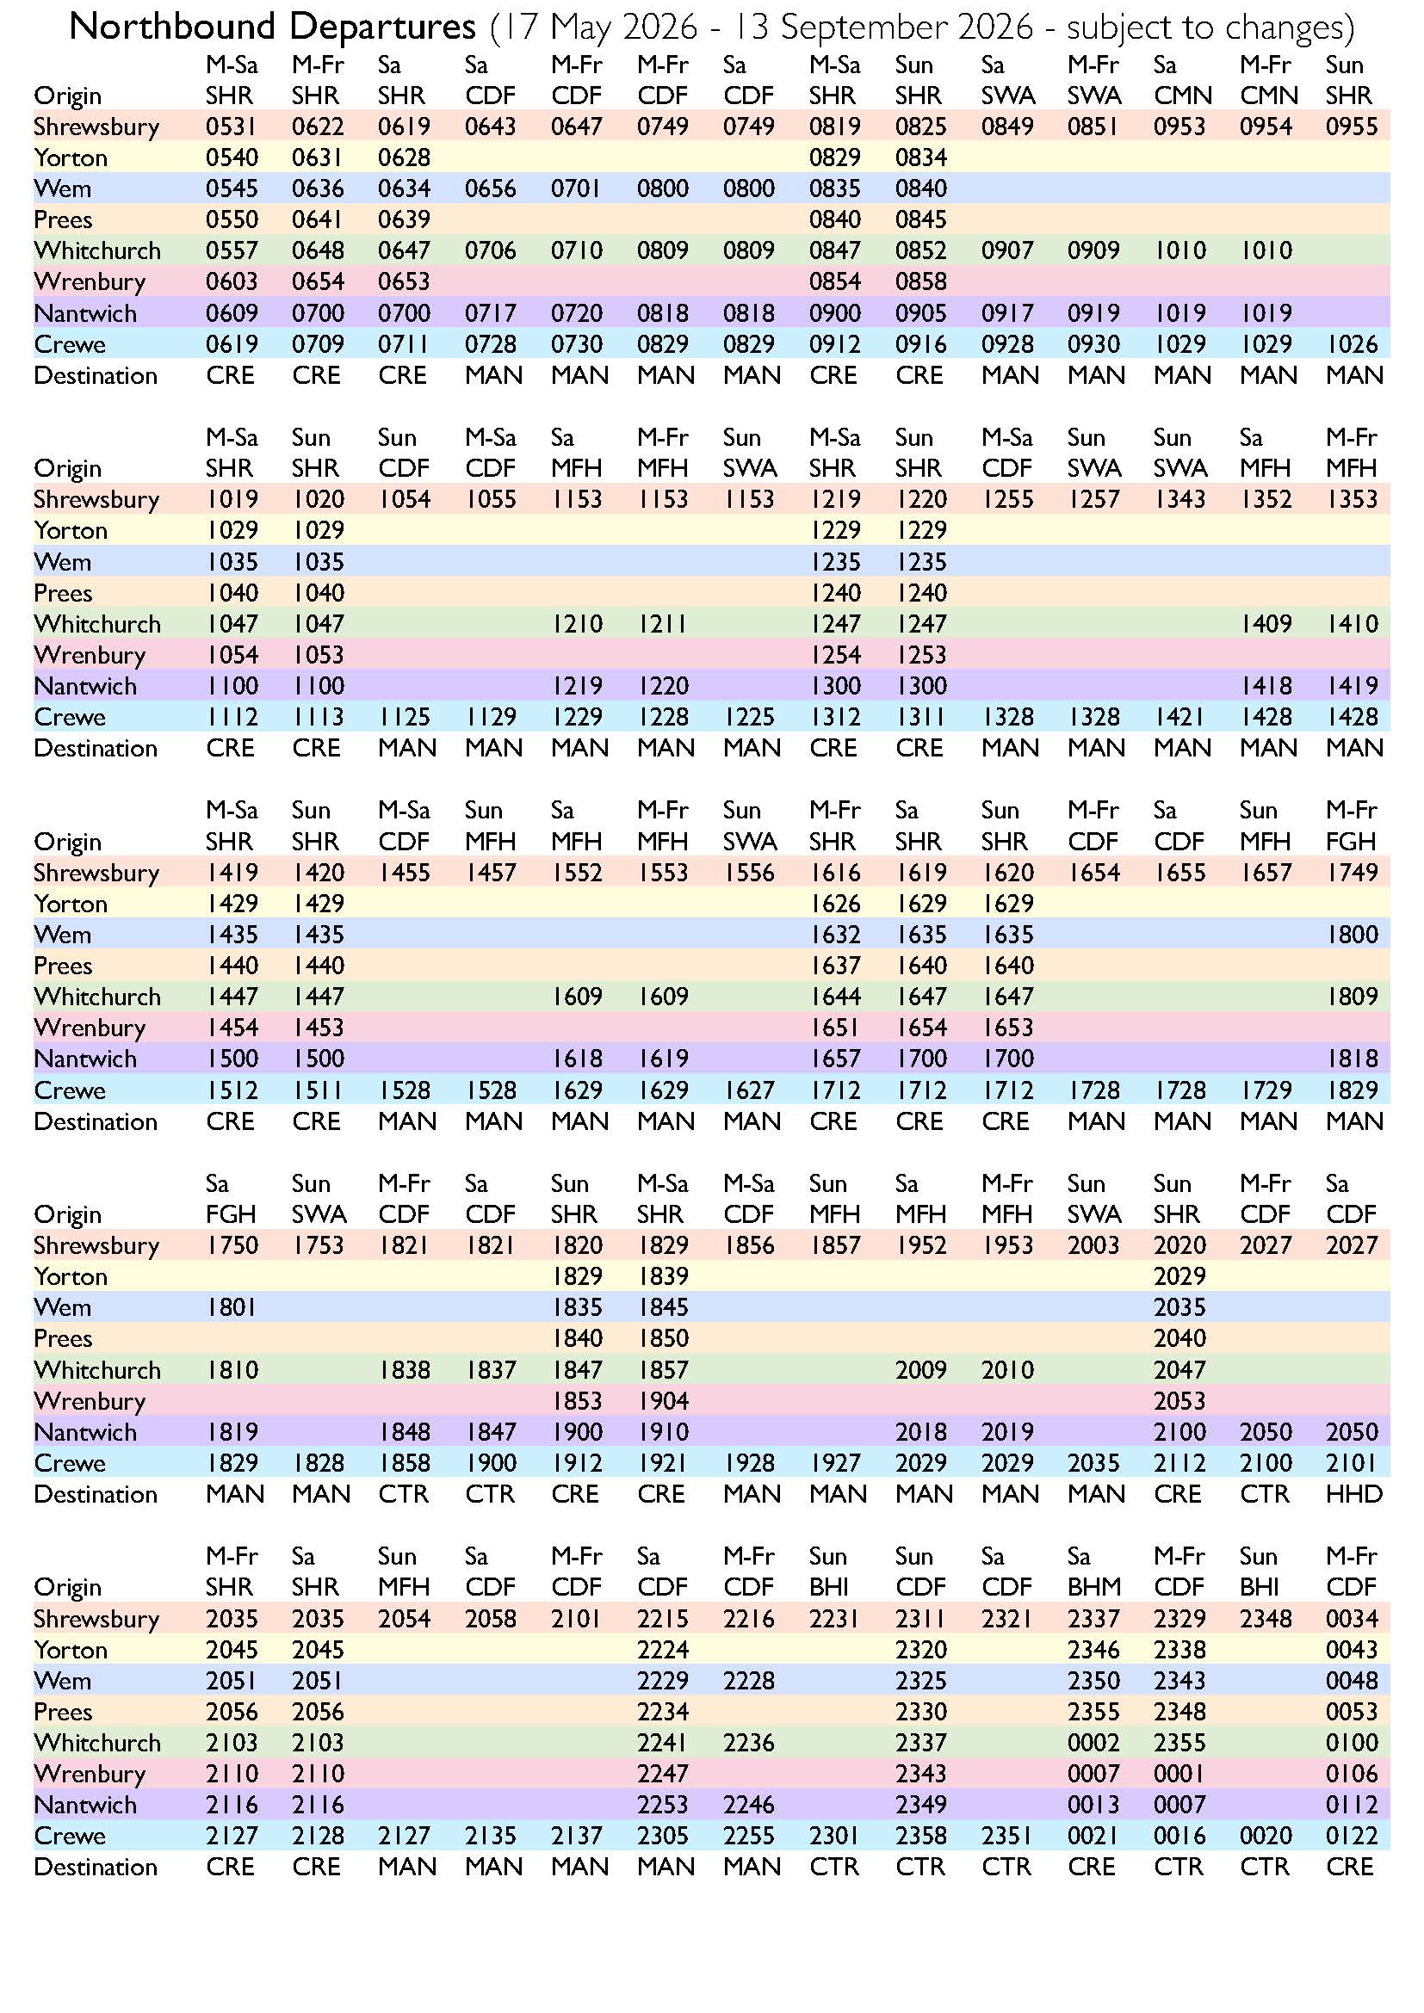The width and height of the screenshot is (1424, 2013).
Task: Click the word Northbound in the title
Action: pos(174,28)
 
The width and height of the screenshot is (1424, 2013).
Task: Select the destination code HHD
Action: pos(1354,1494)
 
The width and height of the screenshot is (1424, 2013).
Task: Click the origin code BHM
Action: pos(1093,1587)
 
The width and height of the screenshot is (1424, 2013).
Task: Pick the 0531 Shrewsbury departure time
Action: pos(232,127)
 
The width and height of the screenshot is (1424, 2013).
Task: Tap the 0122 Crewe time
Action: pos(1351,1836)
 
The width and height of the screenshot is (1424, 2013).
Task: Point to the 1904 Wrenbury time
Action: pos(662,1401)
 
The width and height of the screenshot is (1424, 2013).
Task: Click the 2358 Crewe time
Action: pos(920,1836)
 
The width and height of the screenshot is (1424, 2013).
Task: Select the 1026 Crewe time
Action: pos(1351,343)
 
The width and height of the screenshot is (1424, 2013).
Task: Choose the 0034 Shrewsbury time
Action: pos(1351,1619)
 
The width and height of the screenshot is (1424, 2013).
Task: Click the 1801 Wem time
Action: pos(232,1307)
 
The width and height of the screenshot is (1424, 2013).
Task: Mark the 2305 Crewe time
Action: pos(662,1836)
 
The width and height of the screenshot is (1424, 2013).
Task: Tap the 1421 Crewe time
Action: pos(1179,717)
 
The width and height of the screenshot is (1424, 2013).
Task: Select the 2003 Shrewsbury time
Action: pos(1093,1245)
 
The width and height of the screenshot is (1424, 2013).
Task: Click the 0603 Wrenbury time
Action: pos(232,281)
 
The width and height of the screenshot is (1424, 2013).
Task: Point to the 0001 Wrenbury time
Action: pos(1179,1774)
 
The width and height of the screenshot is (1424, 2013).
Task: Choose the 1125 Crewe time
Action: pos(403,717)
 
